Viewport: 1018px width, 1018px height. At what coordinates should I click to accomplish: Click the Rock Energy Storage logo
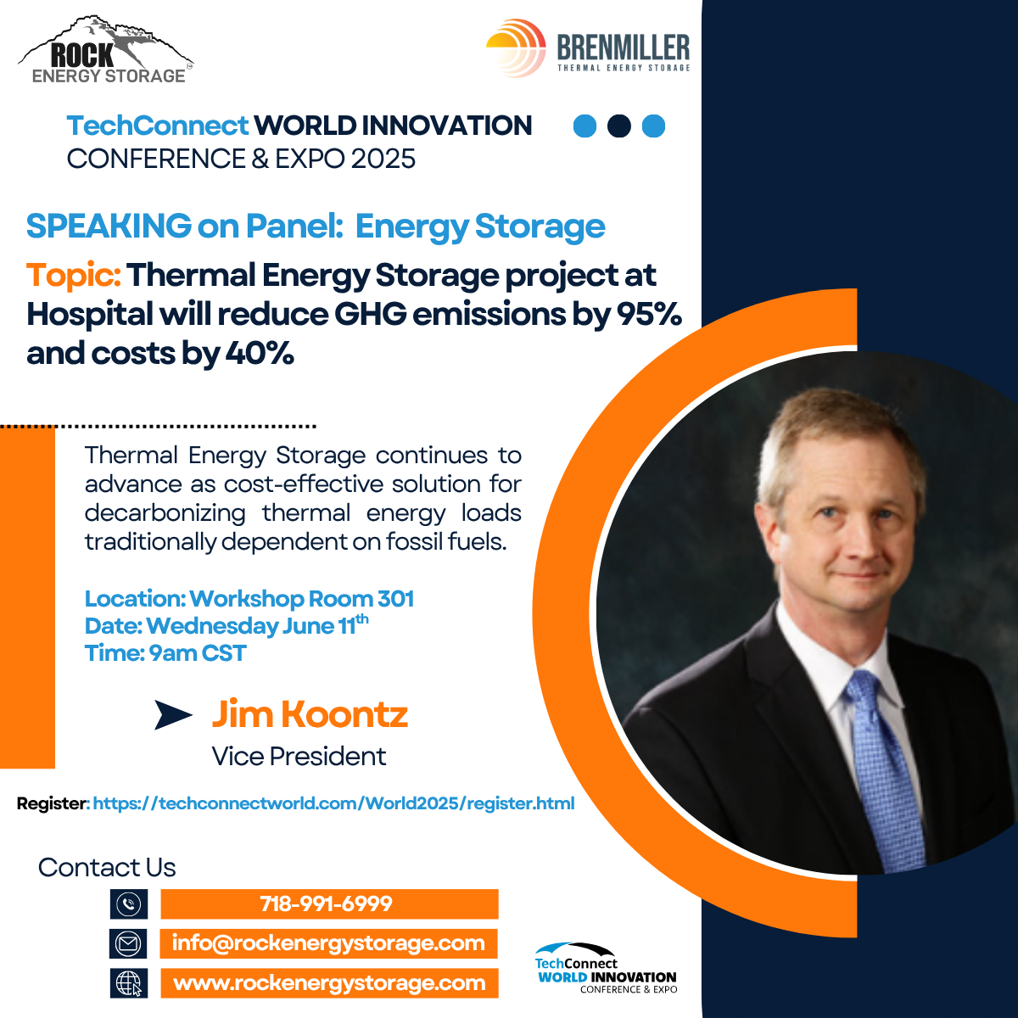pos(106,49)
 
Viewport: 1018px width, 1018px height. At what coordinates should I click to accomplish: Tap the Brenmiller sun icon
pos(516,48)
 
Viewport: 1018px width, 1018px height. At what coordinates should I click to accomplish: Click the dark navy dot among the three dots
pos(619,126)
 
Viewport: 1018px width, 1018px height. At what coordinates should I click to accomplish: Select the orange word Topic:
pos(74,275)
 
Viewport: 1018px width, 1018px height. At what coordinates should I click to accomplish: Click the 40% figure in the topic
pos(260,353)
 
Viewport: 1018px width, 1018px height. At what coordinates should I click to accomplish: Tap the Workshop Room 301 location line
pos(249,599)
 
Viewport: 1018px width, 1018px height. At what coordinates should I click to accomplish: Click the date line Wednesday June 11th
pos(227,625)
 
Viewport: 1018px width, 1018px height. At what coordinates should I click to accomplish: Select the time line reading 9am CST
pos(165,653)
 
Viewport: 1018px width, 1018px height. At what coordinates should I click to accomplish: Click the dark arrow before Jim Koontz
pos(173,715)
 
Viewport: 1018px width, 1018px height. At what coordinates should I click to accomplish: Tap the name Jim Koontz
pos(310,714)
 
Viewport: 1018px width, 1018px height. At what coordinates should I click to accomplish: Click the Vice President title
pos(299,756)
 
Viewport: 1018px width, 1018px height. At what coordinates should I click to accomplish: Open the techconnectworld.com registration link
pos(334,803)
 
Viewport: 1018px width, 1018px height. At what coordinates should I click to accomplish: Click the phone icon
pos(129,903)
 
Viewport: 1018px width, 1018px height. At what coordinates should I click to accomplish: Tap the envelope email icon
pos(128,943)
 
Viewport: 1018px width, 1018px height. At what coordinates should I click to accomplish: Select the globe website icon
pos(129,983)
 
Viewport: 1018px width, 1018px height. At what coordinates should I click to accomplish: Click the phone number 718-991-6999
pos(326,903)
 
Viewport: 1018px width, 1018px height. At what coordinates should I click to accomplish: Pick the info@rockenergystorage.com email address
pos(328,943)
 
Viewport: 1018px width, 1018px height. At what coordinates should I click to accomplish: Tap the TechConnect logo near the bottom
pos(606,968)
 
